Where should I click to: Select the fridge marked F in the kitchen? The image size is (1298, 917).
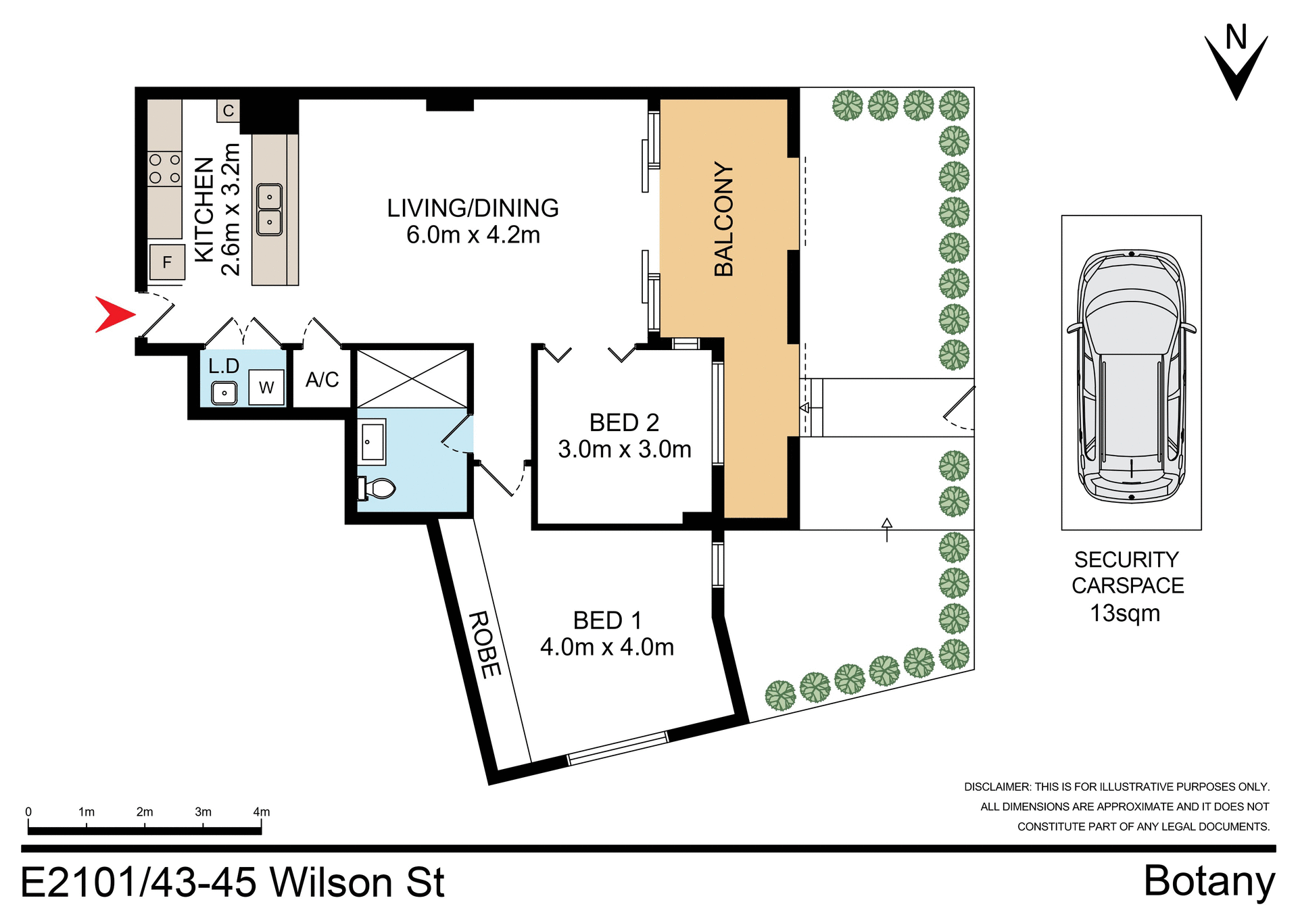click(x=167, y=262)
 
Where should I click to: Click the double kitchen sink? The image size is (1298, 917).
click(x=269, y=209)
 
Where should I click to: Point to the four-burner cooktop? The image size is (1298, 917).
click(x=165, y=169)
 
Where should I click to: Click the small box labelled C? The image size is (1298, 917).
click(x=229, y=111)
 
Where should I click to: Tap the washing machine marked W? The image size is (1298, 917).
click(x=266, y=388)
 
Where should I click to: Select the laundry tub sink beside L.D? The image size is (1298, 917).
click(x=224, y=393)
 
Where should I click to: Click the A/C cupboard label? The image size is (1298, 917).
click(x=322, y=380)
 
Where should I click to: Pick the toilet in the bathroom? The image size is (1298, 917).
click(x=377, y=488)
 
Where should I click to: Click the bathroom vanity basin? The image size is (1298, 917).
click(x=372, y=442)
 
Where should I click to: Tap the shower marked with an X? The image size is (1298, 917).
click(x=412, y=379)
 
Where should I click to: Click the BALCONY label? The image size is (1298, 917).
click(x=723, y=219)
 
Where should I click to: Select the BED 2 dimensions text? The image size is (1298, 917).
click(x=624, y=449)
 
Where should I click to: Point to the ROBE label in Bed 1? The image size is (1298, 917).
click(x=485, y=644)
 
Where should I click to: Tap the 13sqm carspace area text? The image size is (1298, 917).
click(x=1125, y=614)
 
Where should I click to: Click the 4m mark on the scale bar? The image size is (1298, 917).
click(x=261, y=813)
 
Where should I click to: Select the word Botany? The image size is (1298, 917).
click(x=1209, y=881)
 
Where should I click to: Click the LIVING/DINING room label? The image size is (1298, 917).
click(x=473, y=208)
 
